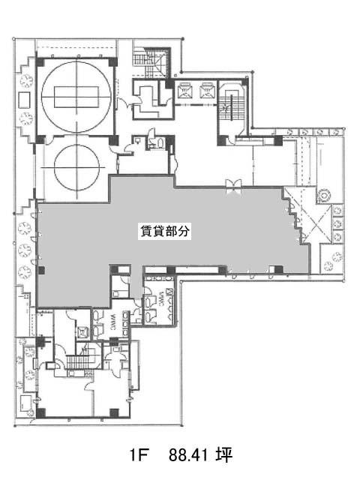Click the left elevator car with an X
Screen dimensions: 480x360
tap(185, 89)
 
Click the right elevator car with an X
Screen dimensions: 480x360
tap(205, 89)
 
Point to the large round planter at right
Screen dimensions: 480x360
tap(324, 195)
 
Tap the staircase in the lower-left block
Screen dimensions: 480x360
tap(77, 364)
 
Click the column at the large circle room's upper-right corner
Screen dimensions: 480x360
tap(112, 60)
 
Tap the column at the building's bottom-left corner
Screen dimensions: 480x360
tap(40, 411)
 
